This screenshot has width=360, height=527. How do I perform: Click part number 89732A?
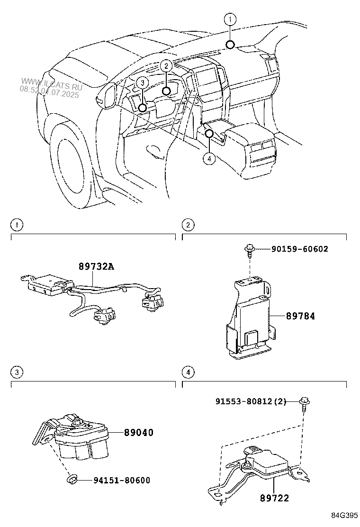click(97, 267)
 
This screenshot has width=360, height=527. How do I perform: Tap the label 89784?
click(300, 315)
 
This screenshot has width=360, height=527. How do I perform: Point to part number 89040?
click(139, 432)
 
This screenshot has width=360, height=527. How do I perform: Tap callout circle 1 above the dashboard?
click(230, 19)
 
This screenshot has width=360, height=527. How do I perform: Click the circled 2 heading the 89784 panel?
click(188, 225)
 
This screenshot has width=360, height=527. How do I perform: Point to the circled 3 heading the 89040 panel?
click(17, 373)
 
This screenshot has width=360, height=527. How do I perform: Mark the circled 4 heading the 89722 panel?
click(188, 373)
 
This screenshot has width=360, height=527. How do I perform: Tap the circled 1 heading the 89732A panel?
click(17, 225)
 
